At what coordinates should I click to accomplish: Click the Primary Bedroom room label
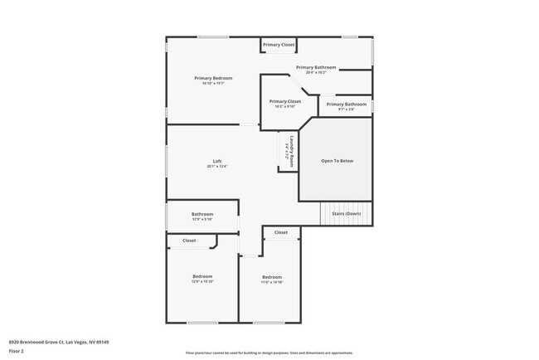[x=213, y=78]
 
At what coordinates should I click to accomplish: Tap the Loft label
[x=217, y=161]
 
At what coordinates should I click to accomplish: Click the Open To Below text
[x=337, y=161]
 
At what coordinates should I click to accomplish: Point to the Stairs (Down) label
[x=346, y=214]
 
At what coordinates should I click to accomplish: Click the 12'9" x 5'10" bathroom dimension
[x=202, y=220]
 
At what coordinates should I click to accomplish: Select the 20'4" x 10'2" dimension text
[x=316, y=73]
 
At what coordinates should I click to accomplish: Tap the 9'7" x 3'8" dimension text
[x=346, y=109]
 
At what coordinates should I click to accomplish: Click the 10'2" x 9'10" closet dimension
[x=284, y=106]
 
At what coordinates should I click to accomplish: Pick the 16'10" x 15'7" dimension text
[x=213, y=83]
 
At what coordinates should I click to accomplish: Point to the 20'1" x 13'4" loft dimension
[x=217, y=166]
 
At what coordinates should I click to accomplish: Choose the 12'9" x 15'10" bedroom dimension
[x=203, y=281]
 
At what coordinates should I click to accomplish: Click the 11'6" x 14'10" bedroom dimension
[x=272, y=282]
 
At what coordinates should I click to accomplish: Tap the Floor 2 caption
[x=17, y=351]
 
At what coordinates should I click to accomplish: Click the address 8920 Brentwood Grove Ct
[x=59, y=342]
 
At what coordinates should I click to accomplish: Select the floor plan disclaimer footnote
[x=269, y=353]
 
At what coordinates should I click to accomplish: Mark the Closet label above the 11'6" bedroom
[x=280, y=232]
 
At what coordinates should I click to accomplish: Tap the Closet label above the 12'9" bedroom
[x=189, y=241]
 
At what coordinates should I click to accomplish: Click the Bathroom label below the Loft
[x=202, y=214]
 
